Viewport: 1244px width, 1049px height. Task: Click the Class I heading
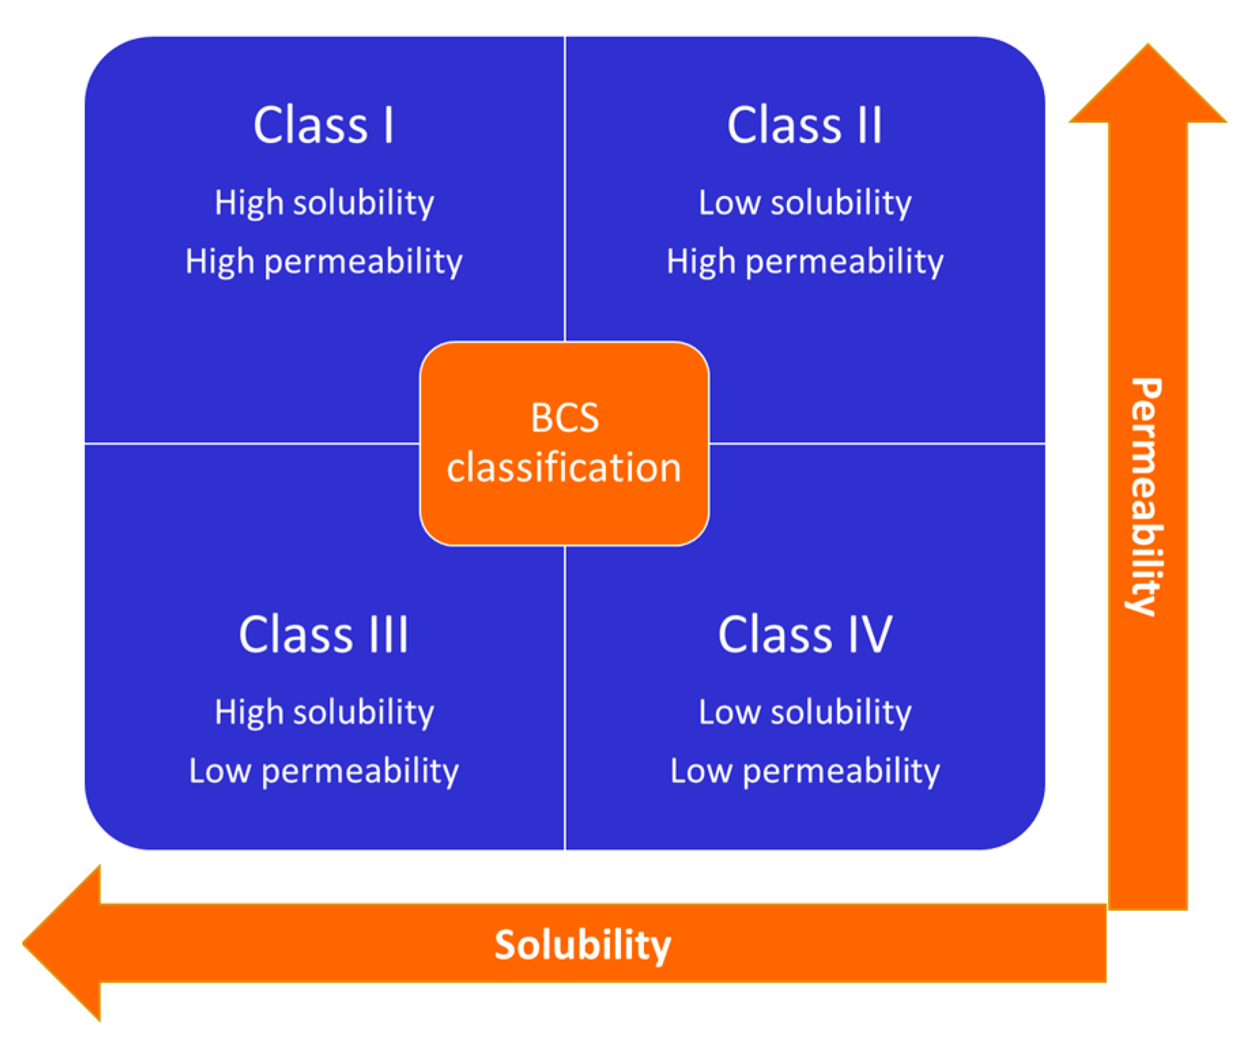coord(324,125)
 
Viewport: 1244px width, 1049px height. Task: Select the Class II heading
coord(805,125)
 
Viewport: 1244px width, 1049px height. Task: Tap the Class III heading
coord(324,634)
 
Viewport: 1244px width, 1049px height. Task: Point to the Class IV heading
coord(805,634)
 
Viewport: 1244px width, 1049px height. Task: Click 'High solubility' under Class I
coord(324,203)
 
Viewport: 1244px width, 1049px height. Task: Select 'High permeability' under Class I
coord(324,262)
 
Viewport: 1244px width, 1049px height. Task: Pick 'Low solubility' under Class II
coord(805,203)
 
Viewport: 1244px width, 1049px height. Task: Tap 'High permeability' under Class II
coord(805,262)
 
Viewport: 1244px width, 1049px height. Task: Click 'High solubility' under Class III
coord(324,712)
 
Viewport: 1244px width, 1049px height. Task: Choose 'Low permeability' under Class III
coord(324,771)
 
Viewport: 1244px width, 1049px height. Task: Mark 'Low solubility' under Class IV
coord(805,712)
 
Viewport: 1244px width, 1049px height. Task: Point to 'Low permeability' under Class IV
coord(805,771)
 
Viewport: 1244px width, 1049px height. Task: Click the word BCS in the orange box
coord(565,418)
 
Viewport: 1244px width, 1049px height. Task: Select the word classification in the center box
coord(564,468)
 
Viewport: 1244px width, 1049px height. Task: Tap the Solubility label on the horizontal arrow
coord(582,945)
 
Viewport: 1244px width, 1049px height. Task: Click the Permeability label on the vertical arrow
coord(1147,497)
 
